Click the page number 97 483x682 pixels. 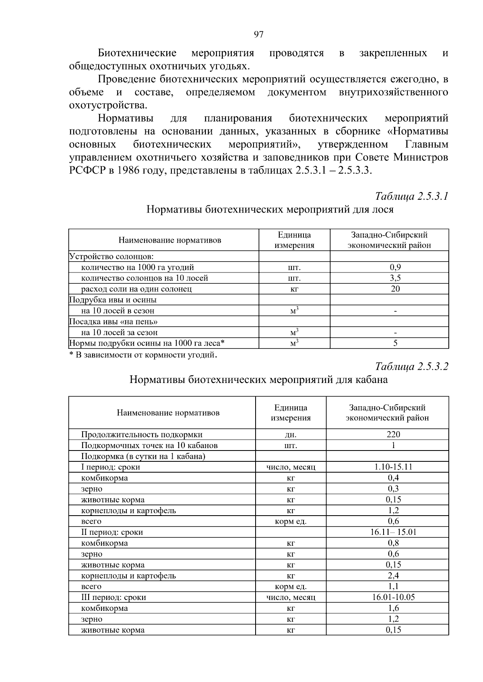coord(259,35)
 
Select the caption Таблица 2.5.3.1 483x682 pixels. coord(411,197)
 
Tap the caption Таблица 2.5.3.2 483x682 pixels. coord(411,367)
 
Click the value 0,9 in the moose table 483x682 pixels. coord(395,267)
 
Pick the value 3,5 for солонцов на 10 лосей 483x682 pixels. coord(395,278)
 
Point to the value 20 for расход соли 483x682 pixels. coord(395,289)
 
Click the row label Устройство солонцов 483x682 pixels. coord(112,256)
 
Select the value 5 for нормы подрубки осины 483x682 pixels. coord(395,343)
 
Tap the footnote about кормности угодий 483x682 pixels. coord(144,355)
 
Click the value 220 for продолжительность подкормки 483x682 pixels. coord(393,434)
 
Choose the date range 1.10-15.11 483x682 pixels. coord(393,467)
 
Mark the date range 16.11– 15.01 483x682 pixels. coord(393,532)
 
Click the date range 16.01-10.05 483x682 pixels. coord(393,597)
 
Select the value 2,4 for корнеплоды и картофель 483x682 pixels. coord(393,576)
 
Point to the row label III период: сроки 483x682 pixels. coord(114,597)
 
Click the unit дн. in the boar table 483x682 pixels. coord(291,434)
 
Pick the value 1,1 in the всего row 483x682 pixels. coord(393,586)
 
